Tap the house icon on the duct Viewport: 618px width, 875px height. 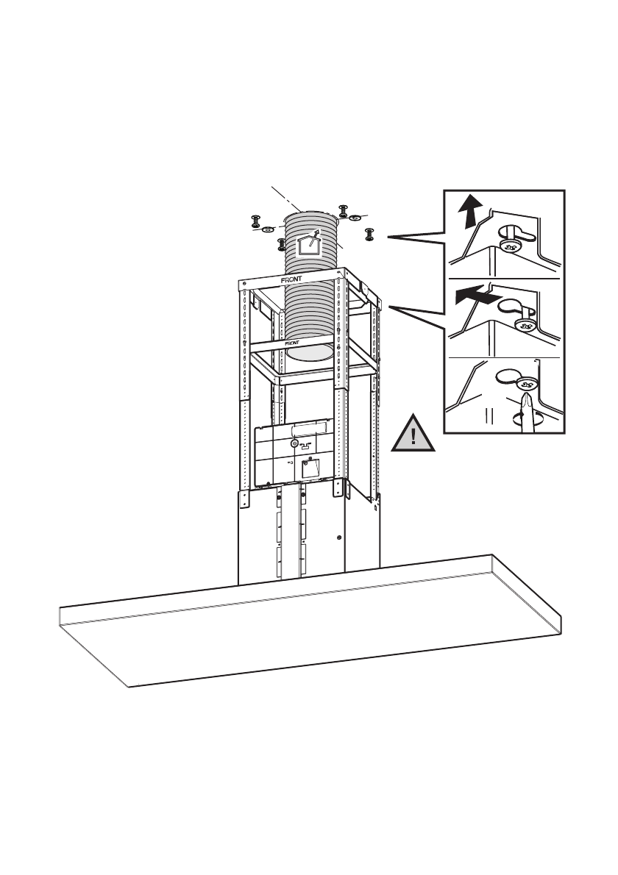308,245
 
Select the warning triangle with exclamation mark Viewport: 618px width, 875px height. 413,433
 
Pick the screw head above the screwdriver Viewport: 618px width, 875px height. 525,384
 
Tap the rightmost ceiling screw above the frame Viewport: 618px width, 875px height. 369,235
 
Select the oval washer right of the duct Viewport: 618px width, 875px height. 355,217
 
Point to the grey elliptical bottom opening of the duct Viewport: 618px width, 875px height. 309,354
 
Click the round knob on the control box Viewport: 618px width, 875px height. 295,444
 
